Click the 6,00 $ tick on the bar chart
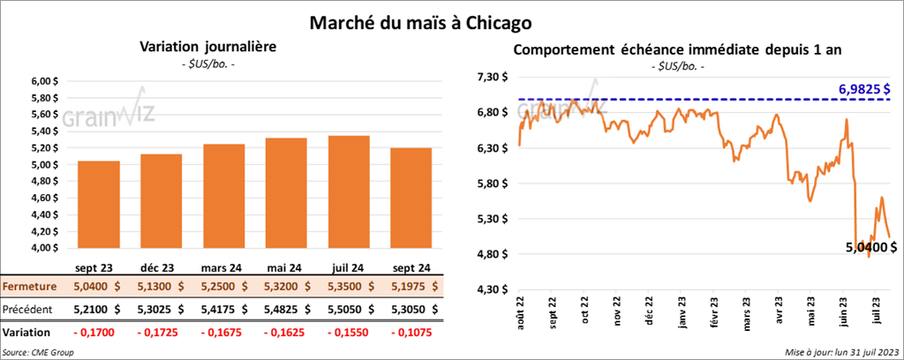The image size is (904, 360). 44,81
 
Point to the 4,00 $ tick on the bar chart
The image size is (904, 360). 44,248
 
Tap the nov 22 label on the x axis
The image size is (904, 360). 616,313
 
